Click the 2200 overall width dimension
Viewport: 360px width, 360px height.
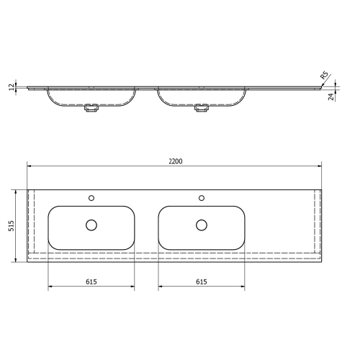176,161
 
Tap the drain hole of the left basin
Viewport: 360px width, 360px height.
91,225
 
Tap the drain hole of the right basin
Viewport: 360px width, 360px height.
202,225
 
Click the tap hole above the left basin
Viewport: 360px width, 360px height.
91,197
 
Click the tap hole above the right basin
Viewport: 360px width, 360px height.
202,197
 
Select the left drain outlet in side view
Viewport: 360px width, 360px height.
91,109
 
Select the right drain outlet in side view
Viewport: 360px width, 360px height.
202,109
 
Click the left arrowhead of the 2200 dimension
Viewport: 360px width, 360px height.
30,166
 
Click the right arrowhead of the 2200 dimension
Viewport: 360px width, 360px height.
322,166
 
